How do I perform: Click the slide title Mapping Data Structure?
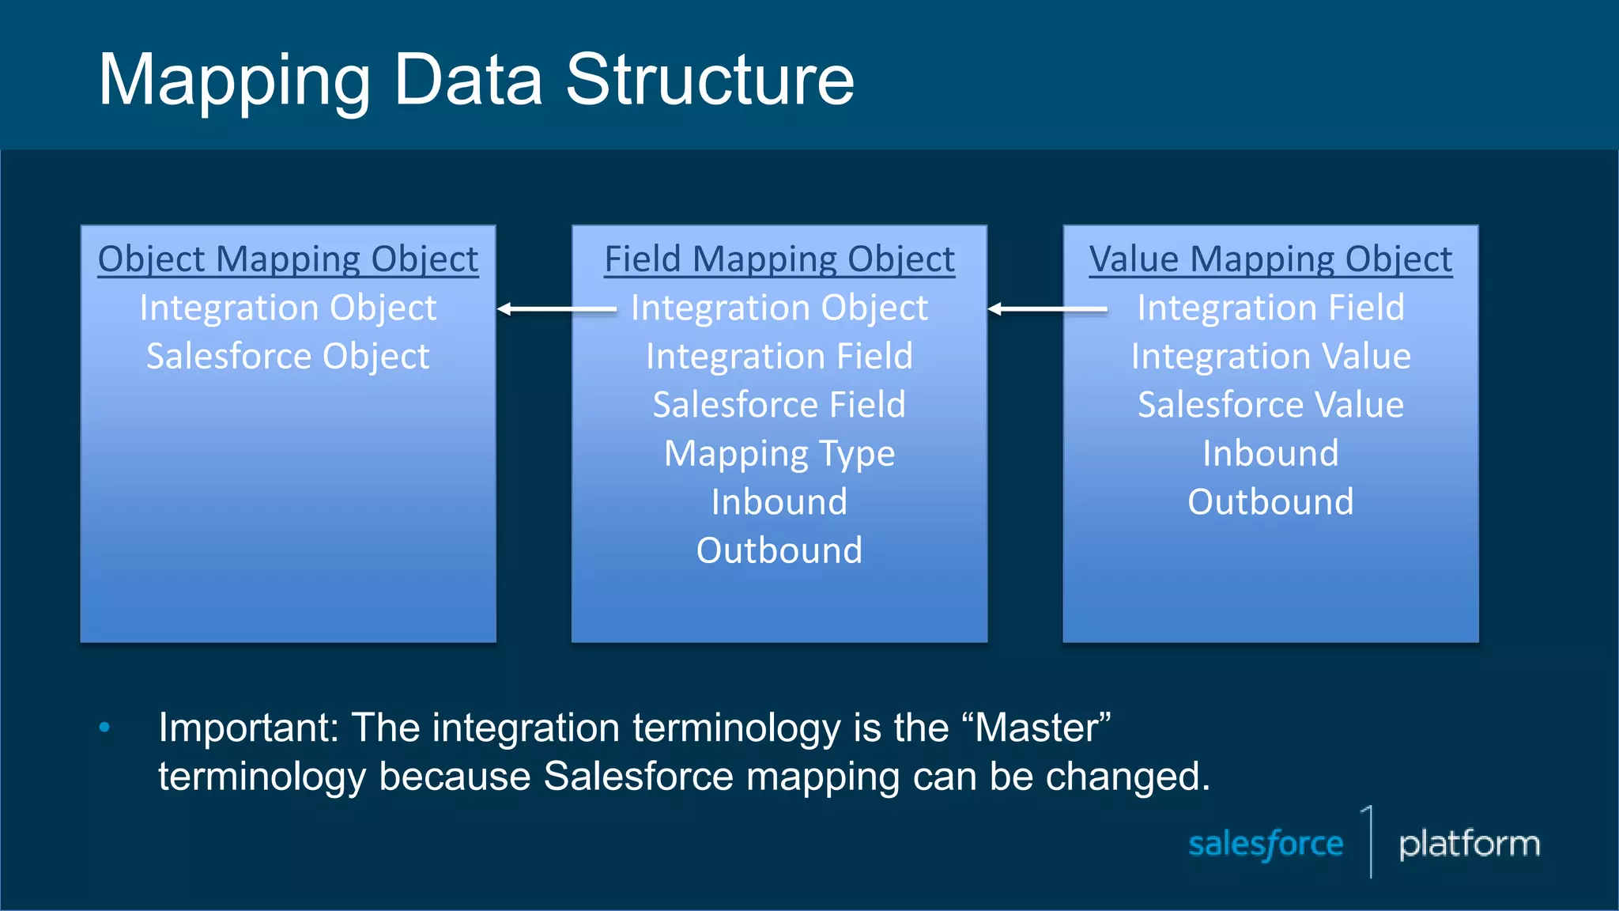tap(476, 79)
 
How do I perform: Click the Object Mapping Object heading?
tap(288, 259)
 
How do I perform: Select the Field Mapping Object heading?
tap(779, 259)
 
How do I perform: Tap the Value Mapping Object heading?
tap(1270, 259)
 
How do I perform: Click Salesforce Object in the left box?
tap(288, 357)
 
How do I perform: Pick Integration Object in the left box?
tap(288, 308)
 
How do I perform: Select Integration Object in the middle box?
tap(779, 308)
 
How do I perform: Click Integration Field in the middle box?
tap(779, 357)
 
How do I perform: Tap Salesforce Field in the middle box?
tap(779, 405)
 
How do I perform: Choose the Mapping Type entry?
tap(779, 454)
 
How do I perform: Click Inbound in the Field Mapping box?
tap(779, 502)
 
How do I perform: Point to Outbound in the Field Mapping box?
tap(779, 550)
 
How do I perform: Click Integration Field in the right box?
tap(1270, 308)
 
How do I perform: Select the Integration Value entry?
tap(1270, 357)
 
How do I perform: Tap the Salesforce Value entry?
tap(1270, 405)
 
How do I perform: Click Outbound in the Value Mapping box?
tap(1270, 502)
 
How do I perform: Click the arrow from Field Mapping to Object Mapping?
tap(557, 309)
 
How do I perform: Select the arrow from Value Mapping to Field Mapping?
tap(1047, 309)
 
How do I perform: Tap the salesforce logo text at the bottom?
tap(1266, 844)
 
